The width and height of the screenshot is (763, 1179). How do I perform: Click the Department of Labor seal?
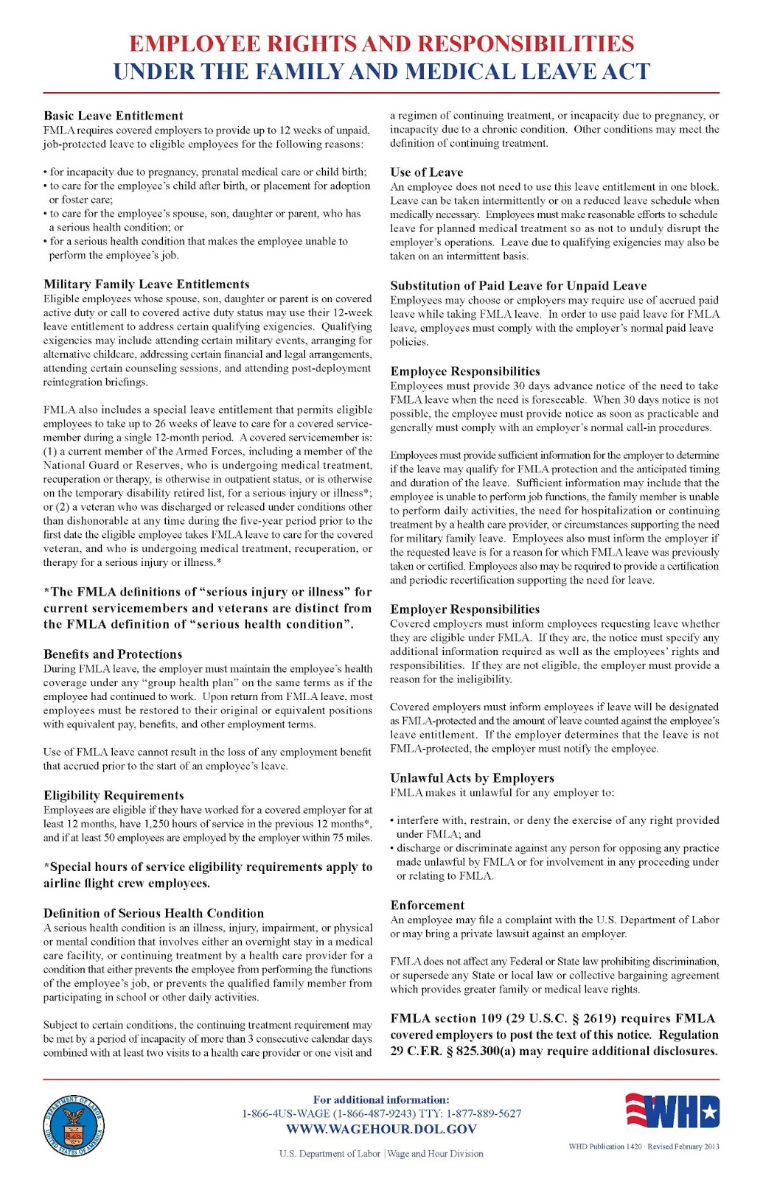tap(73, 1126)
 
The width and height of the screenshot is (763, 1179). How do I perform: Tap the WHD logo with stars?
tap(672, 1111)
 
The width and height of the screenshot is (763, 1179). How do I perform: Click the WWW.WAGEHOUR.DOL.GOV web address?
tap(381, 1129)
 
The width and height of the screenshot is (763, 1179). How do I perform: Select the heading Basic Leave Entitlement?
tap(113, 116)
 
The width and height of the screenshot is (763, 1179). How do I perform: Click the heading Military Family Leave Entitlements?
tap(146, 284)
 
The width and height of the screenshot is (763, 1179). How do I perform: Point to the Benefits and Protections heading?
tap(112, 654)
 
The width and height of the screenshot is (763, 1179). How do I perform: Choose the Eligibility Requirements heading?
tap(114, 795)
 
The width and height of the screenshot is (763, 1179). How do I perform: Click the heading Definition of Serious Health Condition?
tap(153, 913)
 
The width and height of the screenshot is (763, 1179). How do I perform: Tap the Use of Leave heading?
tap(426, 172)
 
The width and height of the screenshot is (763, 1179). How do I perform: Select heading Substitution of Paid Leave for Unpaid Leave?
tap(518, 286)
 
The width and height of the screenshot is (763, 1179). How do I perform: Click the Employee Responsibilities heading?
tap(464, 371)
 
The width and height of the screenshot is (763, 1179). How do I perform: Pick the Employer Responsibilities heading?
tap(464, 609)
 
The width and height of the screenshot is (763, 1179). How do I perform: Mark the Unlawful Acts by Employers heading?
tap(472, 778)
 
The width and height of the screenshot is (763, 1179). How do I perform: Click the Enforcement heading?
tap(427, 906)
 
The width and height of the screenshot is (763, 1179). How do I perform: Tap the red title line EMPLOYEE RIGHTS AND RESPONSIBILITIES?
tap(381, 43)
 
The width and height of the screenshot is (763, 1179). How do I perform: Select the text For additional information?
tap(381, 1099)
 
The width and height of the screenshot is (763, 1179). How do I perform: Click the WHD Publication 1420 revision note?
tap(643, 1147)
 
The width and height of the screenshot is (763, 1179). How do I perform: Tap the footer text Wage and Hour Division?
tap(436, 1154)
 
